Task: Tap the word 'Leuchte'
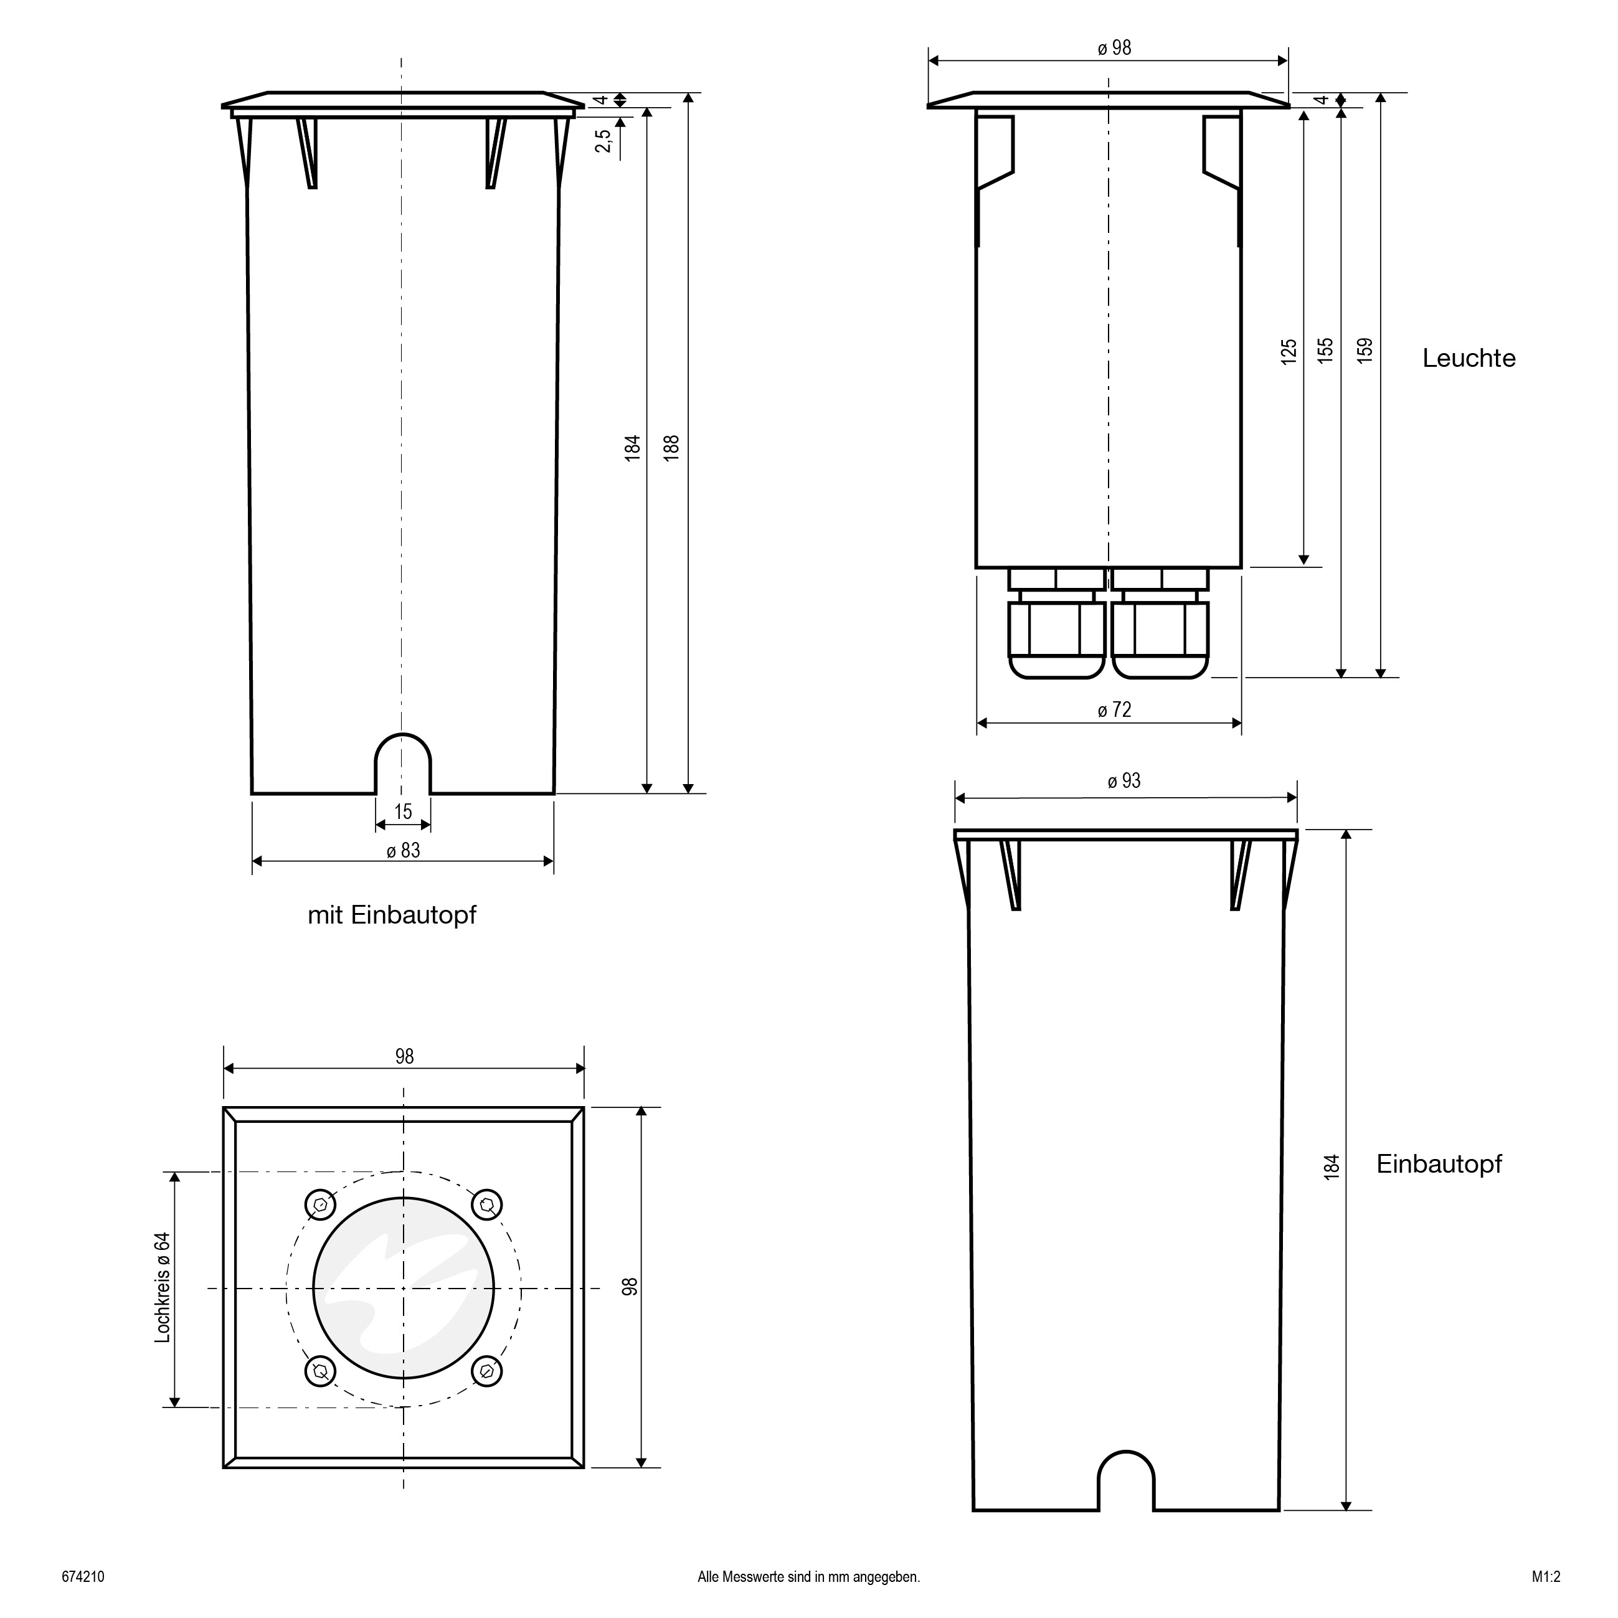[1469, 359]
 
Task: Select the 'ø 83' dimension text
[404, 851]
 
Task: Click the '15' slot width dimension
[403, 811]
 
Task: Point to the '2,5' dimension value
[603, 141]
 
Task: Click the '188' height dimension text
[671, 448]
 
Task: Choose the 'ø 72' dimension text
[1115, 710]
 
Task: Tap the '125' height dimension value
[1289, 351]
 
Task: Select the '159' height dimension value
[1365, 349]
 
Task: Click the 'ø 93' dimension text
[1124, 782]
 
